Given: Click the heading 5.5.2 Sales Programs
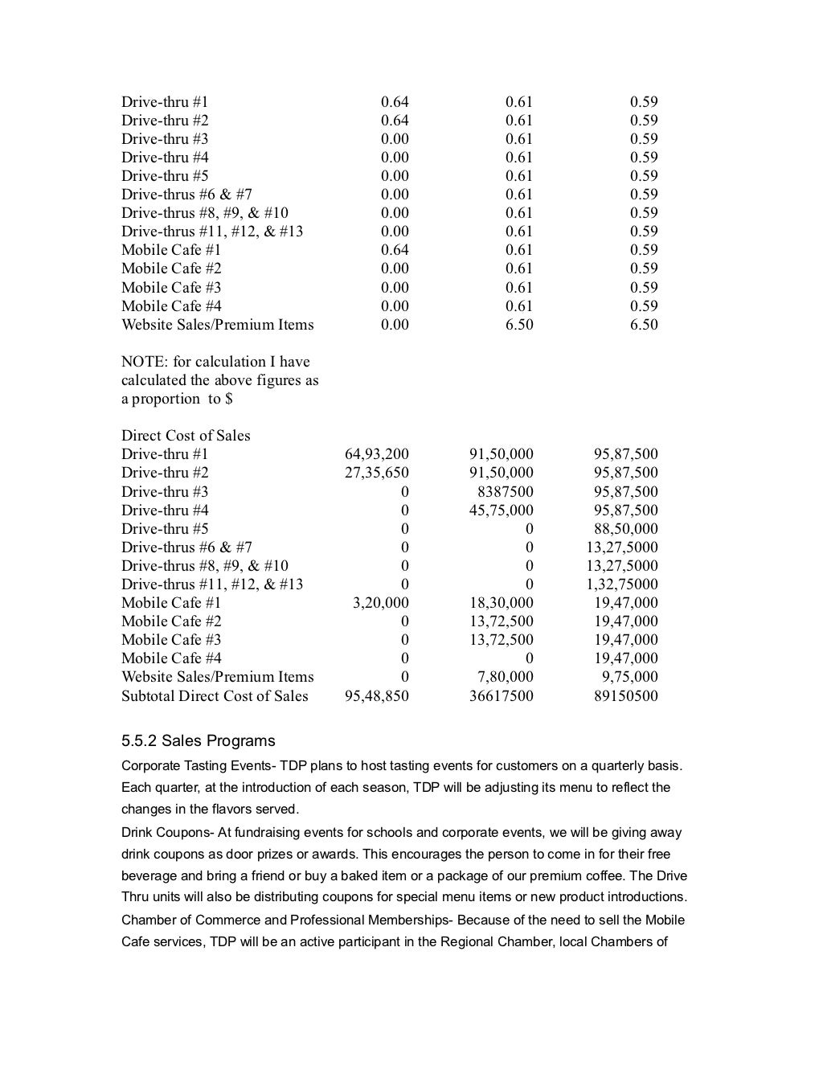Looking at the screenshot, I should pyautogui.click(x=198, y=740).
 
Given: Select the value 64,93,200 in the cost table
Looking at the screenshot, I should pyautogui.click(x=376, y=454).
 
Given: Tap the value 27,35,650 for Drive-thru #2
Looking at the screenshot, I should pyautogui.click(x=376, y=473).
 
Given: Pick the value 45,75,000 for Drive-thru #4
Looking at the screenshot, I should pyautogui.click(x=501, y=510).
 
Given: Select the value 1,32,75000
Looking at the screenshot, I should pyautogui.click(x=621, y=584).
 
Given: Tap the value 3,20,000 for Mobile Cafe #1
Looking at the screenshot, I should pyautogui.click(x=380, y=602).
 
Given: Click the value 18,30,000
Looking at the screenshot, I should pyautogui.click(x=501, y=602).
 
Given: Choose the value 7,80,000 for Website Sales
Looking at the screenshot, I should pyautogui.click(x=505, y=676).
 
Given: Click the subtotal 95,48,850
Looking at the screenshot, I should pyautogui.click(x=376, y=695).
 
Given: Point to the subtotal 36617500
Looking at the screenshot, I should pyautogui.click(x=501, y=695).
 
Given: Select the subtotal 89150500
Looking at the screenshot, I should pyautogui.click(x=625, y=695).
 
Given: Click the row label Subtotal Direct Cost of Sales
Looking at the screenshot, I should pyautogui.click(x=215, y=695).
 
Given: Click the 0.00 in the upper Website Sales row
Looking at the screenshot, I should pyautogui.click(x=395, y=325).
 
